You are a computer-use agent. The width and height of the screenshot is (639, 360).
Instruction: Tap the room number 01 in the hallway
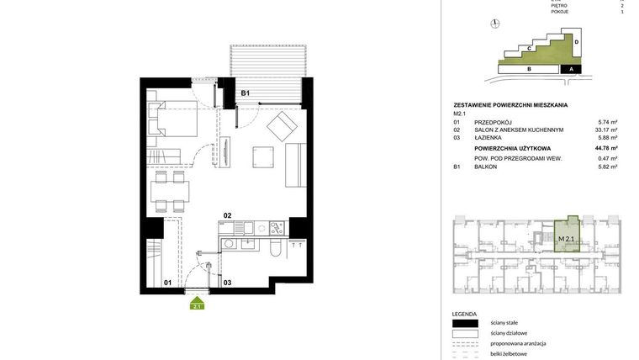167,283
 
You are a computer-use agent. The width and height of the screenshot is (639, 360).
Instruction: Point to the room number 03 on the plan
227,283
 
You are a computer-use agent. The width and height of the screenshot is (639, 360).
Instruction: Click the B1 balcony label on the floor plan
246,93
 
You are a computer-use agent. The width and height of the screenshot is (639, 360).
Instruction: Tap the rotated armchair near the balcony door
280,129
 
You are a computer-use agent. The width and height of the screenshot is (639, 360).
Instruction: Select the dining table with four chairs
169,192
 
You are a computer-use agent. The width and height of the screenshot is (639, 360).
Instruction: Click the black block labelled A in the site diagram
572,70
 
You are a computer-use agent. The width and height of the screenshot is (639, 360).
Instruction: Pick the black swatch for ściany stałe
465,323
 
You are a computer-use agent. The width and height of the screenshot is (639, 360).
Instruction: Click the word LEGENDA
464,313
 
